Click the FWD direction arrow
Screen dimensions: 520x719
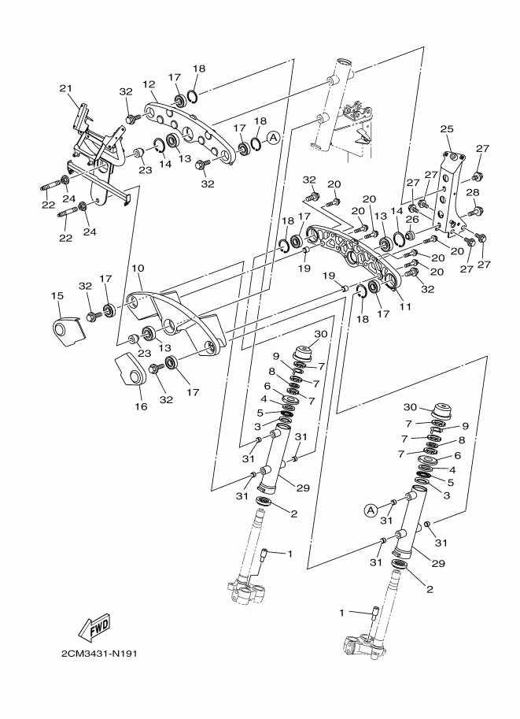pos(94,628)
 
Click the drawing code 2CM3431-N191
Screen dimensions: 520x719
pos(99,654)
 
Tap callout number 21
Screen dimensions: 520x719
pos(66,88)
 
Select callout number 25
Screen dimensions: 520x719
pos(447,129)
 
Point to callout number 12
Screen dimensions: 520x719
pos(149,84)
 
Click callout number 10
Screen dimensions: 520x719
pos(138,268)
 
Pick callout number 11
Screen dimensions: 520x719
pos(405,306)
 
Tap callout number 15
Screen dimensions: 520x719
pos(57,296)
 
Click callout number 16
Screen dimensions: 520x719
pos(141,406)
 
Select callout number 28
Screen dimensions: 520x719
pos(473,193)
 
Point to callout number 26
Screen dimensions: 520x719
pos(412,220)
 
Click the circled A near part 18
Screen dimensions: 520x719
pos(274,137)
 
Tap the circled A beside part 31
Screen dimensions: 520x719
pos(371,510)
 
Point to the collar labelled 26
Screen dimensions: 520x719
pos(410,235)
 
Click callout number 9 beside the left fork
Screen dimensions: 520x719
pos(276,356)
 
